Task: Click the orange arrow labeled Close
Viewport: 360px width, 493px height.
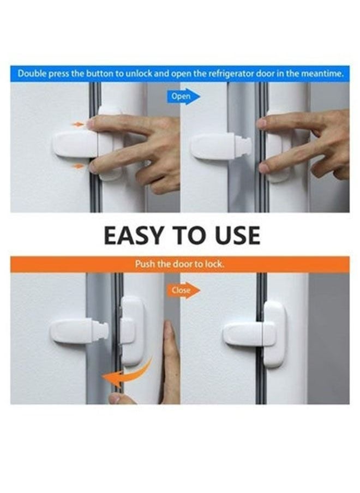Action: click(x=182, y=290)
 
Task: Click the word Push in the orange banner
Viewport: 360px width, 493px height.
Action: click(x=143, y=264)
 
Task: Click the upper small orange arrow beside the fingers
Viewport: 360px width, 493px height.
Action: click(x=78, y=124)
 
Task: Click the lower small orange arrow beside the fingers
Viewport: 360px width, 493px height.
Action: click(x=79, y=166)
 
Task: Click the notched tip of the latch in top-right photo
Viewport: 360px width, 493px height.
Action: click(x=245, y=146)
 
